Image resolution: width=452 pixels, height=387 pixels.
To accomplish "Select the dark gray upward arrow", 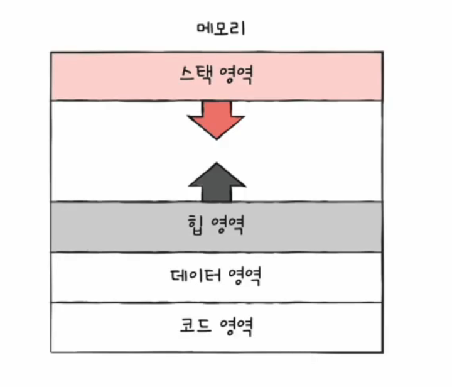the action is click(x=217, y=183).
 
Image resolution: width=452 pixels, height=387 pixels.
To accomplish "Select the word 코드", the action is click(x=194, y=326).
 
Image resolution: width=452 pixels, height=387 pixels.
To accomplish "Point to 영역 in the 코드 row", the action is click(x=236, y=326).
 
